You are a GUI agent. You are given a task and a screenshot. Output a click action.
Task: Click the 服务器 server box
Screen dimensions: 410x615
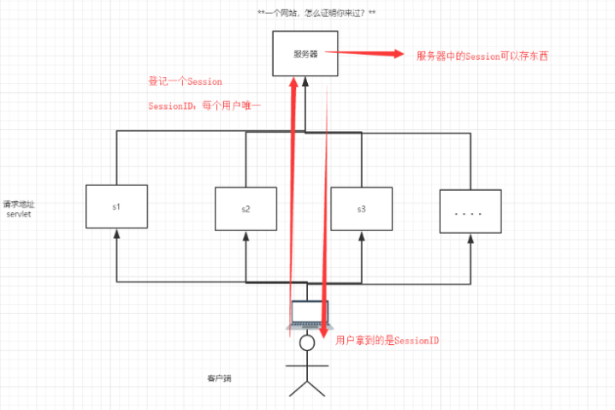(x=306, y=53)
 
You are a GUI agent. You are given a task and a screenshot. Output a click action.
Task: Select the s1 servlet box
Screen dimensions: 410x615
(x=117, y=207)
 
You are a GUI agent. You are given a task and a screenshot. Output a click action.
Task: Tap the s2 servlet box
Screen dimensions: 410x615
(x=245, y=209)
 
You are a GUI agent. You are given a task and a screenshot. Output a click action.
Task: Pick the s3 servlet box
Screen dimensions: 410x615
(x=360, y=209)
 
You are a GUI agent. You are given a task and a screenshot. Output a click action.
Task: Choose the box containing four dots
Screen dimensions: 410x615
(x=469, y=210)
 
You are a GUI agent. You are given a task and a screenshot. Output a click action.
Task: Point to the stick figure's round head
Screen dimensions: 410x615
(x=307, y=342)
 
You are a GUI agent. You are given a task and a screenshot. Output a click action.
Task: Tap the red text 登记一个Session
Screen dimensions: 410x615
(x=186, y=81)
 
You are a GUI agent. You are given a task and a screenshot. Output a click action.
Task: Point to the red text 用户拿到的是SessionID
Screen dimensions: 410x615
(x=387, y=340)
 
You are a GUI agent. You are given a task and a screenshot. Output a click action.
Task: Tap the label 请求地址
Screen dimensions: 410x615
(x=19, y=205)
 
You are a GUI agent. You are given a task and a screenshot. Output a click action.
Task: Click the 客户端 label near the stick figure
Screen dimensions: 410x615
(x=219, y=377)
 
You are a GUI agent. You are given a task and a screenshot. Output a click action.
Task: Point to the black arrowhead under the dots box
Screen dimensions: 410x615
(x=469, y=239)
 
